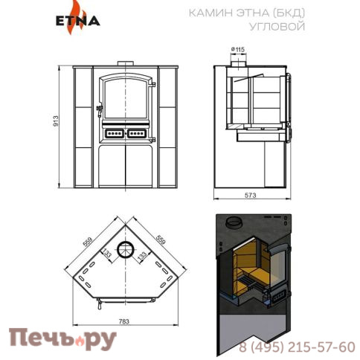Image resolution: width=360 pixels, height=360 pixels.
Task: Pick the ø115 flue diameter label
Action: click(x=238, y=50)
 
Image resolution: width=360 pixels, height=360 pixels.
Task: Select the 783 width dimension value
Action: click(x=124, y=321)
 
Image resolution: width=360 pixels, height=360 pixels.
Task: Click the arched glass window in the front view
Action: click(x=124, y=97)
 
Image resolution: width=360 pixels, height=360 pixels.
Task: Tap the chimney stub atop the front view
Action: click(x=124, y=64)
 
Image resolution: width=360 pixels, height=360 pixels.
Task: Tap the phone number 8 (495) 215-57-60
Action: click(x=297, y=347)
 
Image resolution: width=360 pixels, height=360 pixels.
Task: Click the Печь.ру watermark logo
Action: click(x=62, y=339)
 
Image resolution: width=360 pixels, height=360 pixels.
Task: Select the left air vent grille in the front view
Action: click(x=113, y=135)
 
